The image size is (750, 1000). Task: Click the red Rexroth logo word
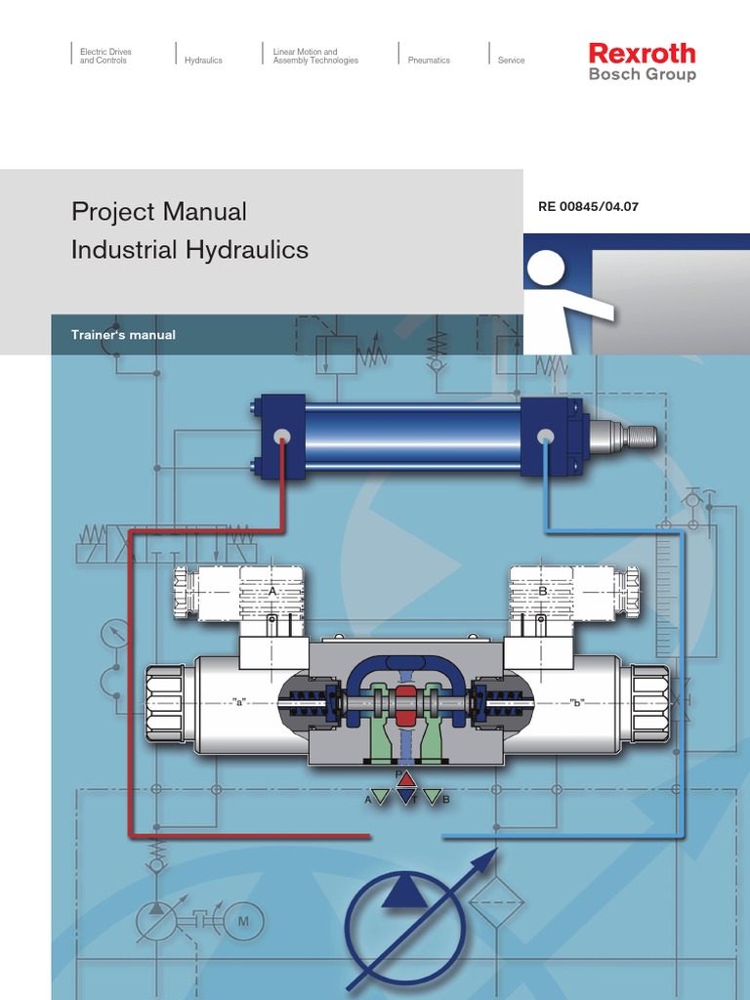(x=642, y=53)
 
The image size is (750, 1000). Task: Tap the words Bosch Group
(x=642, y=74)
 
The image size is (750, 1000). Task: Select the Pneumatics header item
(x=429, y=61)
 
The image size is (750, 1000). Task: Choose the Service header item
(x=511, y=61)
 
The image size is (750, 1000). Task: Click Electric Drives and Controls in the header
(x=105, y=56)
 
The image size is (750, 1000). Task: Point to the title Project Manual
(x=158, y=211)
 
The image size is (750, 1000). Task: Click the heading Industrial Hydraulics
(x=189, y=250)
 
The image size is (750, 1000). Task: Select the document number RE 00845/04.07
(x=588, y=206)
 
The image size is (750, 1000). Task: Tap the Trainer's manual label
(x=123, y=335)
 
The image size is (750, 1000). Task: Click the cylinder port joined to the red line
(x=282, y=436)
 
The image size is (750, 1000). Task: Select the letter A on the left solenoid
(x=272, y=591)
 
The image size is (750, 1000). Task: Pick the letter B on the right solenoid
(x=543, y=591)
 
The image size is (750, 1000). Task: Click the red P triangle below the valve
(x=407, y=779)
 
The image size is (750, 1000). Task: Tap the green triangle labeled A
(x=381, y=797)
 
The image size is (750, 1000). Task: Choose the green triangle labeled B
(x=433, y=797)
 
